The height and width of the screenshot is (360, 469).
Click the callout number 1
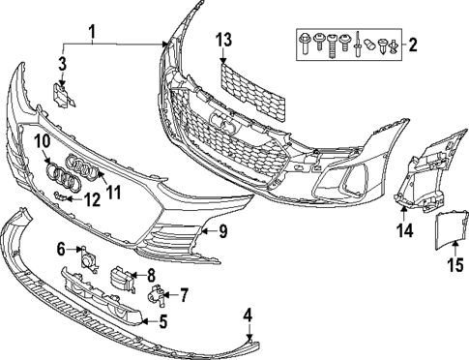(92, 36)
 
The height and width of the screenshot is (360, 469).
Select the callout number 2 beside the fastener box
(414, 45)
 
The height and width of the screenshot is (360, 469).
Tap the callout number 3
(61, 65)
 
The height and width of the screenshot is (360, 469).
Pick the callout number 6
(61, 249)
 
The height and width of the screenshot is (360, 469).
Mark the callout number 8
(150, 276)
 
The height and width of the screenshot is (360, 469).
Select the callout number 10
(42, 142)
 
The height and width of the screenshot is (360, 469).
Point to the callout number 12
(92, 201)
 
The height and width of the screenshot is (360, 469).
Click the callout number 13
(224, 41)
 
